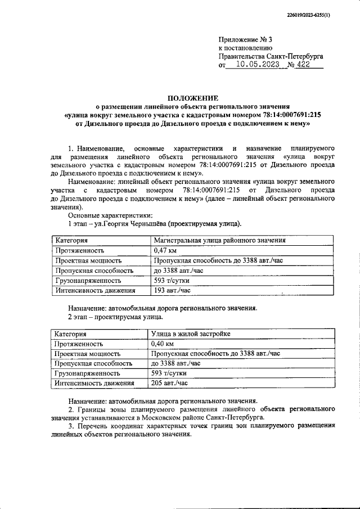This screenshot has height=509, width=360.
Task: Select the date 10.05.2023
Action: point(254,65)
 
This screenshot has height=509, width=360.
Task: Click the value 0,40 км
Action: point(163,343)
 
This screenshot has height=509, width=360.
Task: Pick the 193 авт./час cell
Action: point(172,291)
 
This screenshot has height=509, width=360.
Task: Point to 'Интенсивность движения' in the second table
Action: point(94,384)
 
